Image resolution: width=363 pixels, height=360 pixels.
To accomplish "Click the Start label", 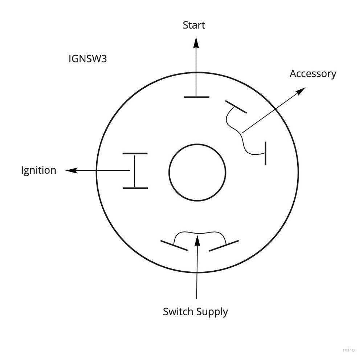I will tap(194, 25).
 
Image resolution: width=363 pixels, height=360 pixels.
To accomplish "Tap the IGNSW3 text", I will tap(87, 59).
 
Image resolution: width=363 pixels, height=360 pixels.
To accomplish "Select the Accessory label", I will tap(313, 74).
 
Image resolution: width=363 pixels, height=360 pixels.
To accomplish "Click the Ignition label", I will tap(38, 170).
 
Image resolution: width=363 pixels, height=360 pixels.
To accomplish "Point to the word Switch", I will tap(178, 312).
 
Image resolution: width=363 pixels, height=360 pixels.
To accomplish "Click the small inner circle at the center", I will tap(197, 172).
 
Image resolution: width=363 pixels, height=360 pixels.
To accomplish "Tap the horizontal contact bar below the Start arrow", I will tap(197, 97).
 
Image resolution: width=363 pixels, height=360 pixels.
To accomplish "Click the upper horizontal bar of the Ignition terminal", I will tap(135, 154).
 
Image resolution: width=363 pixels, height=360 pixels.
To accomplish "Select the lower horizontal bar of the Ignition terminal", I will tap(135, 188).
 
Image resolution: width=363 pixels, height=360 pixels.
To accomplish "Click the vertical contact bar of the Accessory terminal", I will tap(265, 154).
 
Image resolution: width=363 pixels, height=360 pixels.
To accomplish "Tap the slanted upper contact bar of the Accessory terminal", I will tap(236, 107).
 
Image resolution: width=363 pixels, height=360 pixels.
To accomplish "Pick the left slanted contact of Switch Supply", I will tap(174, 245).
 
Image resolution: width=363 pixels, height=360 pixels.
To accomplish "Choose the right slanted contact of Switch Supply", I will tap(224, 246).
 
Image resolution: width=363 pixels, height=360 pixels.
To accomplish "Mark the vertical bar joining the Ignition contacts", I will tap(134, 171).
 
